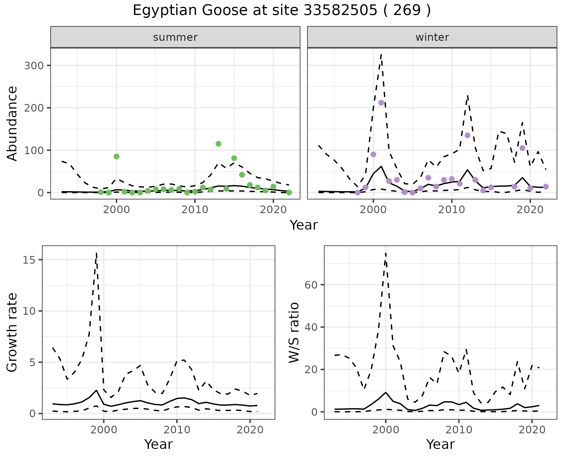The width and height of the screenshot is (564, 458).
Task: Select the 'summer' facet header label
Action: (175, 37)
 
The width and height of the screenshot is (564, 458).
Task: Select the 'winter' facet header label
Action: (432, 37)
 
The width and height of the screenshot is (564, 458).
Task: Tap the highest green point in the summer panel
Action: (218, 144)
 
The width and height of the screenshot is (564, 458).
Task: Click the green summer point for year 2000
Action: (116, 156)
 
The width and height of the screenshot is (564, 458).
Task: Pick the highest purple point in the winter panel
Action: (381, 103)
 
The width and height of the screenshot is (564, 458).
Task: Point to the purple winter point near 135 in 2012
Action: (468, 135)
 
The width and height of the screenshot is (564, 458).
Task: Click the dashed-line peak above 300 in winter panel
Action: (381, 55)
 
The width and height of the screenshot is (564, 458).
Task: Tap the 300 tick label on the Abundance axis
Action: (33, 65)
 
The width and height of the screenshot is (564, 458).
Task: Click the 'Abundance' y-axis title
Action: (12, 123)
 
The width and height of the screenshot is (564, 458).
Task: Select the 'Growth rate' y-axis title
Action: (12, 332)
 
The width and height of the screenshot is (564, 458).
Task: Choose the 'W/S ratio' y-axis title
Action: (294, 332)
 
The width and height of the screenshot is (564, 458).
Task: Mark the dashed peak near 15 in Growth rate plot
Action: (96, 253)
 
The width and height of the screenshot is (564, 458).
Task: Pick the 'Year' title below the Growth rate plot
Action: (158, 444)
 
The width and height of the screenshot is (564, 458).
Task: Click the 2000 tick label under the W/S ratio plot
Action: (385, 430)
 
